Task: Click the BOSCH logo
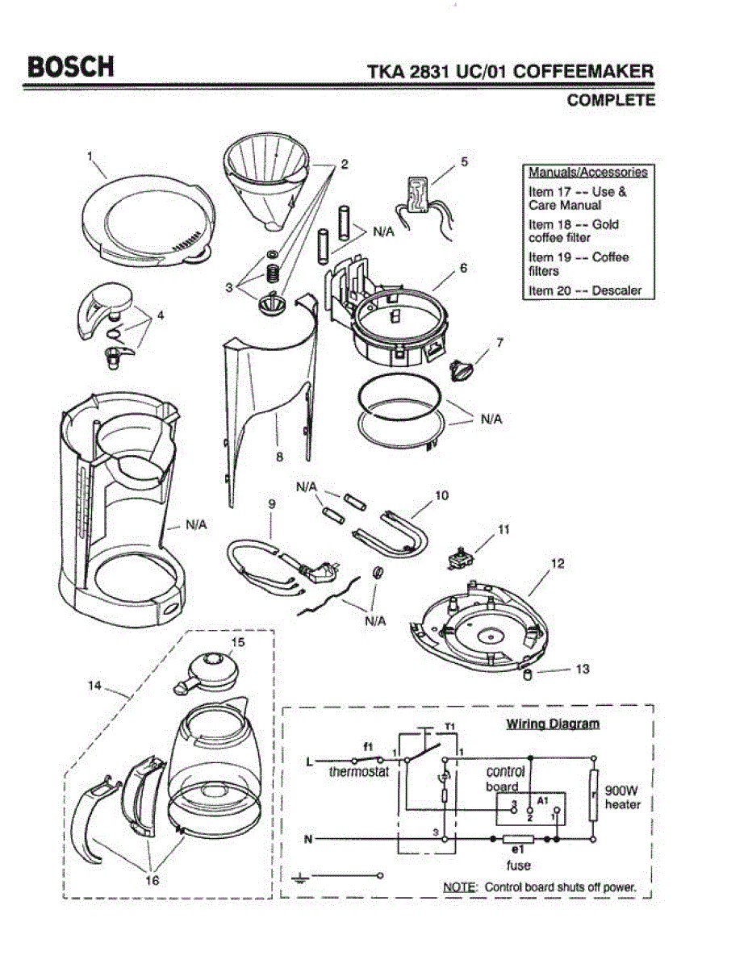[x=71, y=67]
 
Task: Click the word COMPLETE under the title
[x=611, y=100]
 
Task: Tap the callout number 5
[x=464, y=161]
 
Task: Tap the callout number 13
[x=582, y=669]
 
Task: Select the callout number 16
[x=152, y=880]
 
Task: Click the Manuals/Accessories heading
[x=588, y=173]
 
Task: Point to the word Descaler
[x=616, y=290]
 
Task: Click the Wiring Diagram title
[x=553, y=724]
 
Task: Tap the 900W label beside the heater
[x=621, y=791]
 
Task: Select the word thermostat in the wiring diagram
[x=358, y=771]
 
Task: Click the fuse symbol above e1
[x=518, y=839]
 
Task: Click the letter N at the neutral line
[x=308, y=840]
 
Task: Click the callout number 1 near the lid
[x=90, y=156]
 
